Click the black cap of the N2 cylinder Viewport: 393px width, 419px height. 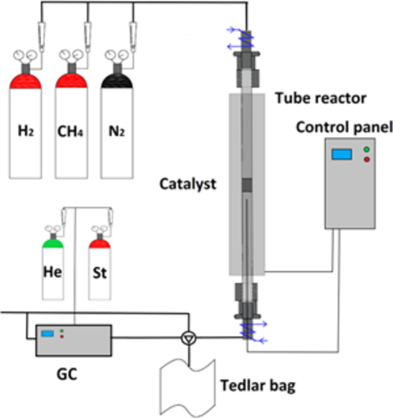coord(117,81)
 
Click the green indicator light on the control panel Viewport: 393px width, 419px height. coord(367,150)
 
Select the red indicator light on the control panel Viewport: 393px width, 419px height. coord(367,159)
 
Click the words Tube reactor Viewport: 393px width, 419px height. coord(320,98)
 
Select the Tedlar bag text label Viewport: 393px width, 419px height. coord(258,386)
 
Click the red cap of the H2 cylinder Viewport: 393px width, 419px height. coord(26,81)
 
